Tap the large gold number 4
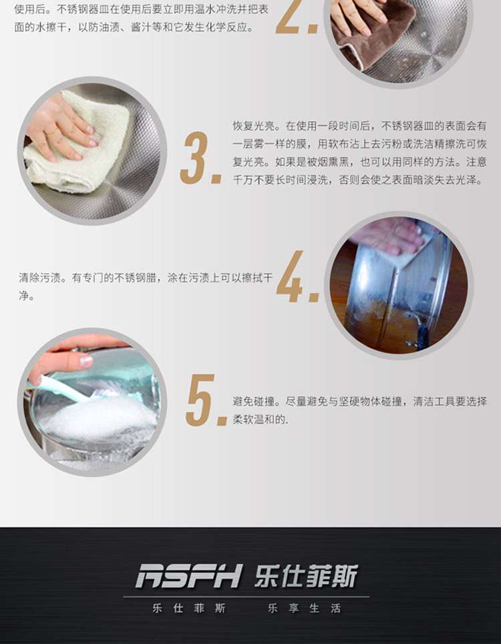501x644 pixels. pos(290,276)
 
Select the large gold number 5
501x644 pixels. pos(200,400)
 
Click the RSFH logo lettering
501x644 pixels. pos(188,575)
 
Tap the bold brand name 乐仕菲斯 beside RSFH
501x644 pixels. pos(306,575)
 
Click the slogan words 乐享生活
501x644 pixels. pos(304,608)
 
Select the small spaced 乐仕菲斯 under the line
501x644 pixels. pos(189,608)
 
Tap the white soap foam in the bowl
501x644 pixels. pos(101,419)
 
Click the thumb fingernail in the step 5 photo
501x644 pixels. pos(86,361)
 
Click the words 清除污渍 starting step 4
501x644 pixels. pos(39,278)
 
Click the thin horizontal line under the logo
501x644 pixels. pos(246,597)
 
